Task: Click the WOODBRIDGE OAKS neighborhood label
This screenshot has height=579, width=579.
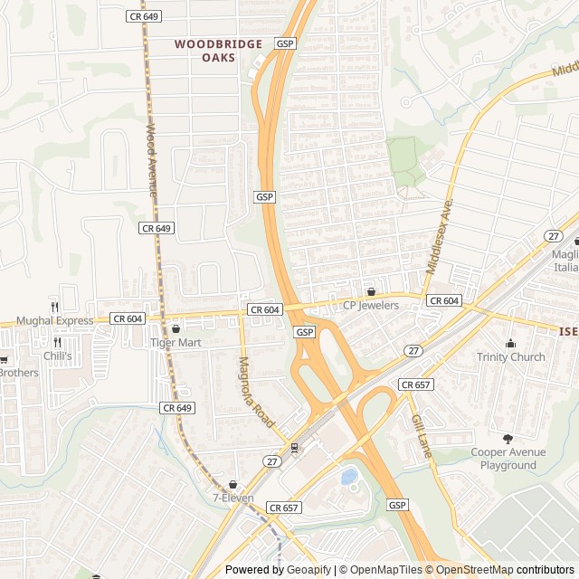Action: [218, 51]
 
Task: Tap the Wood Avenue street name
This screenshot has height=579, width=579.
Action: [151, 161]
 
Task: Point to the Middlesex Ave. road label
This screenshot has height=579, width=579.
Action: [438, 237]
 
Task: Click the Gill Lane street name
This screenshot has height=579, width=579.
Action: [422, 437]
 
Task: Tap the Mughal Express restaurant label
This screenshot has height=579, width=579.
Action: [53, 320]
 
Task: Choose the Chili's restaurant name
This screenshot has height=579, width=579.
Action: [57, 356]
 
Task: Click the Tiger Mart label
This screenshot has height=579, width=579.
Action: [176, 343]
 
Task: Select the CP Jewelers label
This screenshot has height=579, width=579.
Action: [370, 305]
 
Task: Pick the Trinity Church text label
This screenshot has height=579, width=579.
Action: [511, 356]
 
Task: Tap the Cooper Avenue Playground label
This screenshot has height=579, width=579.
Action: [508, 459]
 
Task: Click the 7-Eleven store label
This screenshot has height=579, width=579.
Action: [233, 498]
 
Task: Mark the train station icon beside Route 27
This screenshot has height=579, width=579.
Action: [294, 449]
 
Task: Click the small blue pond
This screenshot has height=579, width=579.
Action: [348, 476]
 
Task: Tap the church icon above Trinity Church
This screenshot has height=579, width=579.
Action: [510, 343]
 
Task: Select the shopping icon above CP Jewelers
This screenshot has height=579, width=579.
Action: [371, 291]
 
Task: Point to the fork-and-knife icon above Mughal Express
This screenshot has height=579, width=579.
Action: [54, 307]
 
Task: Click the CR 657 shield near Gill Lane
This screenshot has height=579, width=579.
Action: [415, 384]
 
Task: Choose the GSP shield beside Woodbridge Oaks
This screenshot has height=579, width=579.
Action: [286, 43]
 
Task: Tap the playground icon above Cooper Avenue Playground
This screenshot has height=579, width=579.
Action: [507, 439]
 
